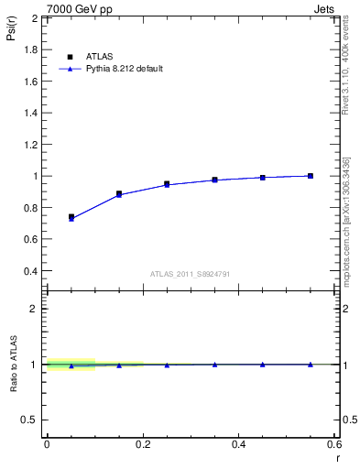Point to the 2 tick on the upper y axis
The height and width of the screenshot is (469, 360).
(x=34, y=18)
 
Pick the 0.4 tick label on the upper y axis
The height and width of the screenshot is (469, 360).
(x=29, y=271)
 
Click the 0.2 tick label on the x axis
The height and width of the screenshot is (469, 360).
(x=142, y=444)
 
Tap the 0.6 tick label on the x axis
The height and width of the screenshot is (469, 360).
(x=334, y=444)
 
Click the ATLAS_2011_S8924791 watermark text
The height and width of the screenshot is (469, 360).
(x=191, y=273)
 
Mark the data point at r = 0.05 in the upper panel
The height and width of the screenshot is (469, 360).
(x=71, y=217)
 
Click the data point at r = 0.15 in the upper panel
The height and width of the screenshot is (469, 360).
(x=119, y=194)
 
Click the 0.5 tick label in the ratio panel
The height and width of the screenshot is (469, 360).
(x=29, y=420)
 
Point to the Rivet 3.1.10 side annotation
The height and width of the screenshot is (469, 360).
(x=350, y=55)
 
